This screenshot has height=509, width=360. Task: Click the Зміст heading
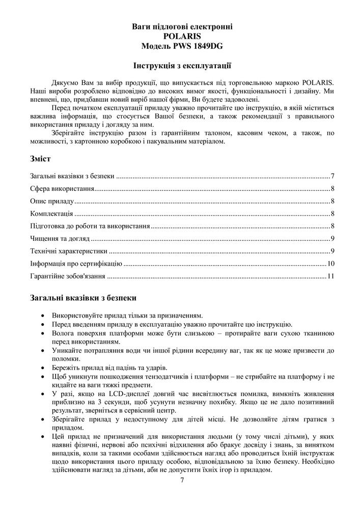click(40, 159)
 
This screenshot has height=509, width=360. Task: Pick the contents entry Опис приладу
click(52, 201)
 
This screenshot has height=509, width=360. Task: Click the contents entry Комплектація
click(51, 214)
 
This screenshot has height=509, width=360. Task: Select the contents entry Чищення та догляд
click(60, 239)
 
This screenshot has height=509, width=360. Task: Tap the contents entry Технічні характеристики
click(69, 251)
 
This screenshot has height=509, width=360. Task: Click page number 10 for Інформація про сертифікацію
click(330, 264)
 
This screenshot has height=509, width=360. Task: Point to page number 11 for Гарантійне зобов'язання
click(330, 276)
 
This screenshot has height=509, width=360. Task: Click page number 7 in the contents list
click(332, 177)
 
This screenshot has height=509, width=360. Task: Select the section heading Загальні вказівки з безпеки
click(82, 297)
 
